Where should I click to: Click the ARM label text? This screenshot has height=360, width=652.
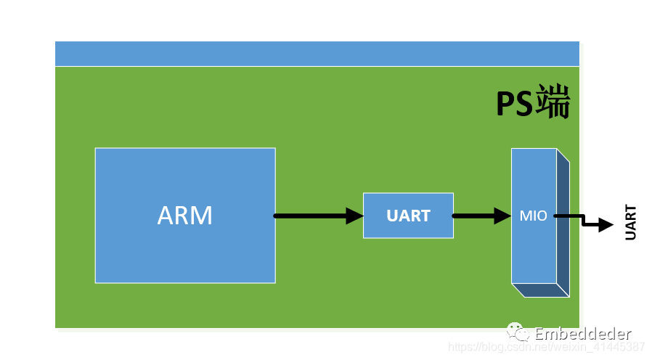point(185,216)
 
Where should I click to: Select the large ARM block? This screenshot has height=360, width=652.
point(185,216)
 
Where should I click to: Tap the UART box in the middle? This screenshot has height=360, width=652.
point(408,216)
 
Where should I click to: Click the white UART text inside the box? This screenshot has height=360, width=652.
point(408,216)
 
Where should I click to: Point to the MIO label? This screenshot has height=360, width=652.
point(533,216)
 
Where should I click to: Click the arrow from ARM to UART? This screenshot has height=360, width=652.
point(319,216)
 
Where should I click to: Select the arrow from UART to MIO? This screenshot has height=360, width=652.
point(481,216)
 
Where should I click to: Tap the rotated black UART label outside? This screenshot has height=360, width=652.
point(630,222)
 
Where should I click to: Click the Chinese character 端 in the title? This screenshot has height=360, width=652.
point(553,102)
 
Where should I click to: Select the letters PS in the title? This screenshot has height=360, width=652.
point(515,104)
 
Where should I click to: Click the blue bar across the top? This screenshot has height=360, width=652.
point(317,54)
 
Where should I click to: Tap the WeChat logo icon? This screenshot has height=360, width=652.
point(517,332)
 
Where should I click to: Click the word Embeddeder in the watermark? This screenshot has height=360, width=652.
point(583,334)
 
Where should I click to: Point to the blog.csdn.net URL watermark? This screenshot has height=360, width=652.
point(547,347)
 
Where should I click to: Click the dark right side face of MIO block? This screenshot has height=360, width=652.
point(563,223)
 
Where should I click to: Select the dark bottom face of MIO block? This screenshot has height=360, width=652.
point(541,290)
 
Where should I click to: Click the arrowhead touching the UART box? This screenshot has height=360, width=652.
point(355,216)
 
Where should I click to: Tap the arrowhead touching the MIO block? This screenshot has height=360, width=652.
point(502,216)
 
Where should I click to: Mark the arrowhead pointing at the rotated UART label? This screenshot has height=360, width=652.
point(606,224)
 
